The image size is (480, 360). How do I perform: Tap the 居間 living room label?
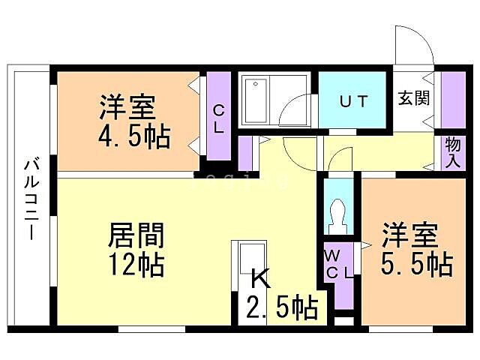(x=137, y=235)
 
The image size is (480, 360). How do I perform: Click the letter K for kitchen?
(x=259, y=279)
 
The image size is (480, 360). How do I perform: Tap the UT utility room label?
(x=352, y=102)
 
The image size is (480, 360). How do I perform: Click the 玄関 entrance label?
(x=413, y=98)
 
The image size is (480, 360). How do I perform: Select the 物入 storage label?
(x=452, y=152)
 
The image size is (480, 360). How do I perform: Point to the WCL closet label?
(x=337, y=264)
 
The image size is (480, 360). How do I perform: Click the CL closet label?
(x=218, y=118)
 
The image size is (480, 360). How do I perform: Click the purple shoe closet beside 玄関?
(x=452, y=100)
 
